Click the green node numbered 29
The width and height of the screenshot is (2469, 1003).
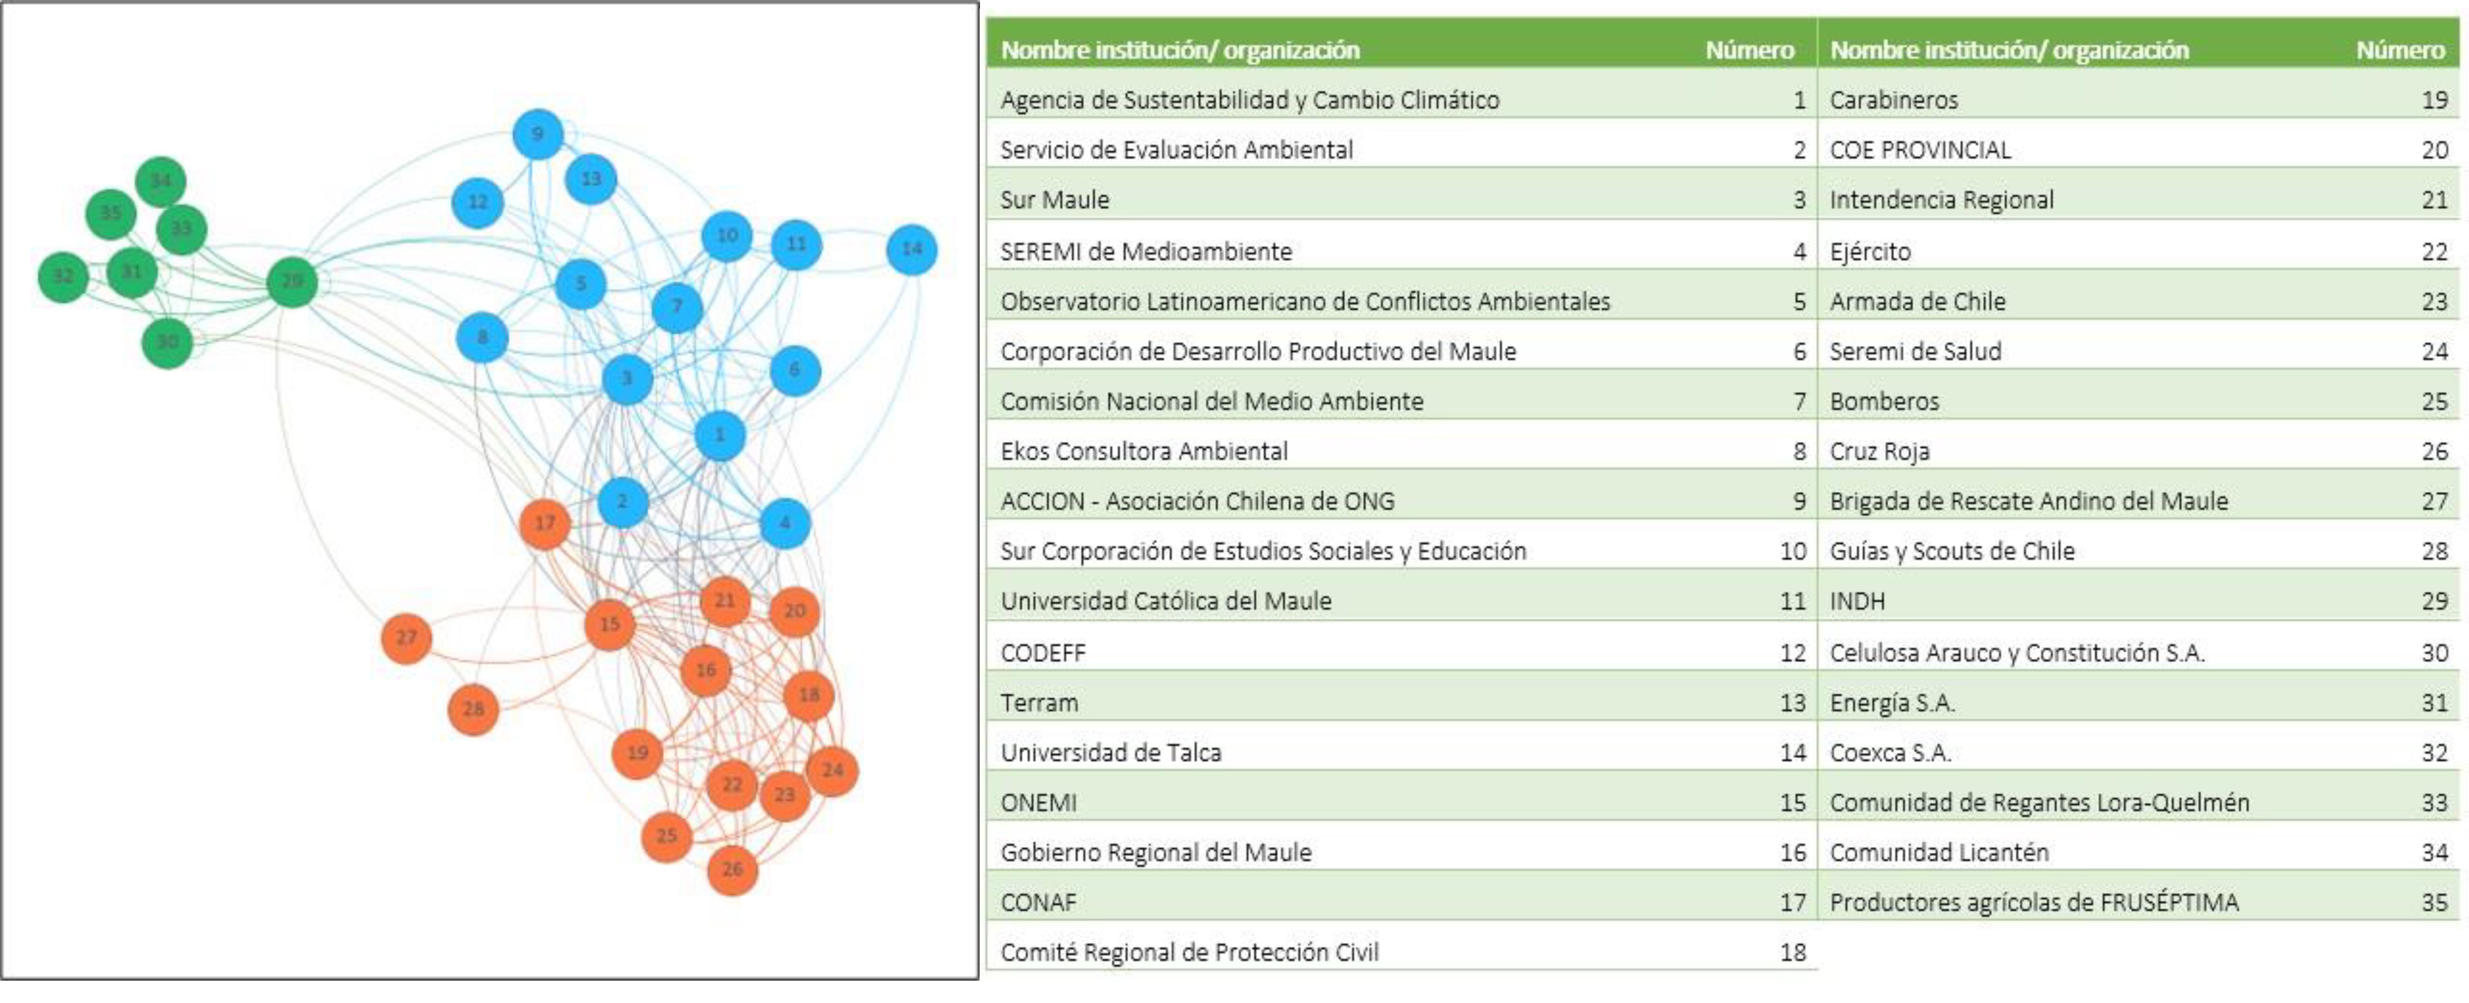click(292, 282)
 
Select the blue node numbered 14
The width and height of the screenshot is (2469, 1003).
click(911, 249)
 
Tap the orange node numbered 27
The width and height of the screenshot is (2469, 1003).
click(406, 638)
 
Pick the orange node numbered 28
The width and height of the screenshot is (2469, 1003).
click(474, 710)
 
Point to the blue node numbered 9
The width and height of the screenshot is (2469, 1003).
click(538, 134)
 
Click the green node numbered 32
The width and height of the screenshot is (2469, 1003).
click(63, 277)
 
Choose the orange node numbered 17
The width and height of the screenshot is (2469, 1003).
click(544, 523)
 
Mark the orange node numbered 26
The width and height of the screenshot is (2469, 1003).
click(732, 870)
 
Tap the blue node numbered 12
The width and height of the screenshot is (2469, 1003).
click(477, 202)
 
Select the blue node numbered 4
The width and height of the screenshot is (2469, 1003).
click(785, 523)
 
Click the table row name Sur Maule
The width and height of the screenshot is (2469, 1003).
click(1054, 200)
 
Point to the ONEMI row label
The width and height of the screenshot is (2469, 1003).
click(1038, 802)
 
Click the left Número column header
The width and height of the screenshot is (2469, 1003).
click(1749, 50)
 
